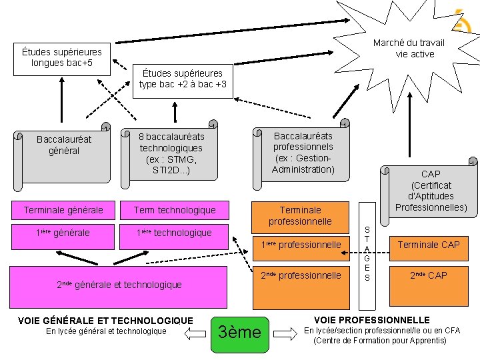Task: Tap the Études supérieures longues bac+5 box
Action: (x=61, y=57)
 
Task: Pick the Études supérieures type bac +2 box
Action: (x=182, y=79)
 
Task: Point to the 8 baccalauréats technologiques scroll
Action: (x=171, y=153)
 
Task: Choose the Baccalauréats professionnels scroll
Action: (x=303, y=153)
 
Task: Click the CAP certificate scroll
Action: (x=430, y=190)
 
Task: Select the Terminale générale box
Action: (x=63, y=210)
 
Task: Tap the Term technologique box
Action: (x=175, y=210)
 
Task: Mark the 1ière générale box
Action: (x=63, y=233)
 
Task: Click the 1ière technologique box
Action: (x=175, y=233)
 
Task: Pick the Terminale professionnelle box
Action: (x=300, y=215)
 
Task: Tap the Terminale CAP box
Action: (x=429, y=245)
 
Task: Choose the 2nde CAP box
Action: (x=429, y=275)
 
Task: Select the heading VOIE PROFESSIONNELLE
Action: (x=371, y=320)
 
